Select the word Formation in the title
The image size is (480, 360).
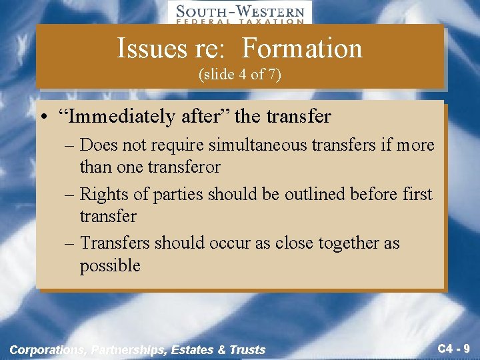302,48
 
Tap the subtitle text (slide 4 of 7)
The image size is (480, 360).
240,75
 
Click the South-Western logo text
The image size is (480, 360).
239,11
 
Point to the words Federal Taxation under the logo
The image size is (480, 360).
239,21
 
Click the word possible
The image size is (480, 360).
110,265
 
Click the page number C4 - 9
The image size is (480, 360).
453,348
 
